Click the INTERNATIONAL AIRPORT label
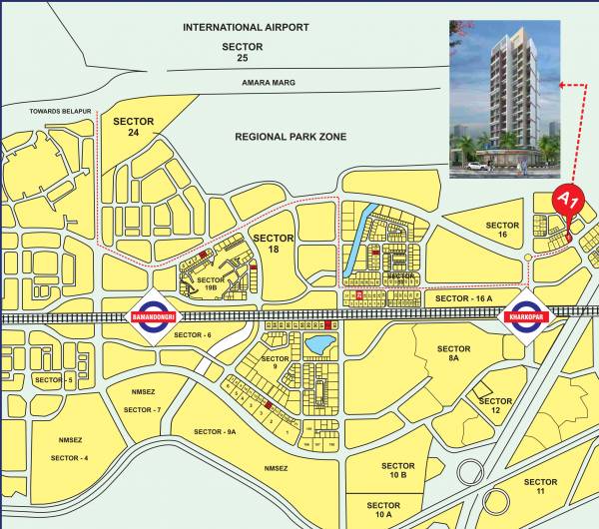246,27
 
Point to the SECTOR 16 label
503,232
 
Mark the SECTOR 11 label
539,487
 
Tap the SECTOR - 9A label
215,431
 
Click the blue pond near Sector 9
319,345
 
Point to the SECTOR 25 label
243,53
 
